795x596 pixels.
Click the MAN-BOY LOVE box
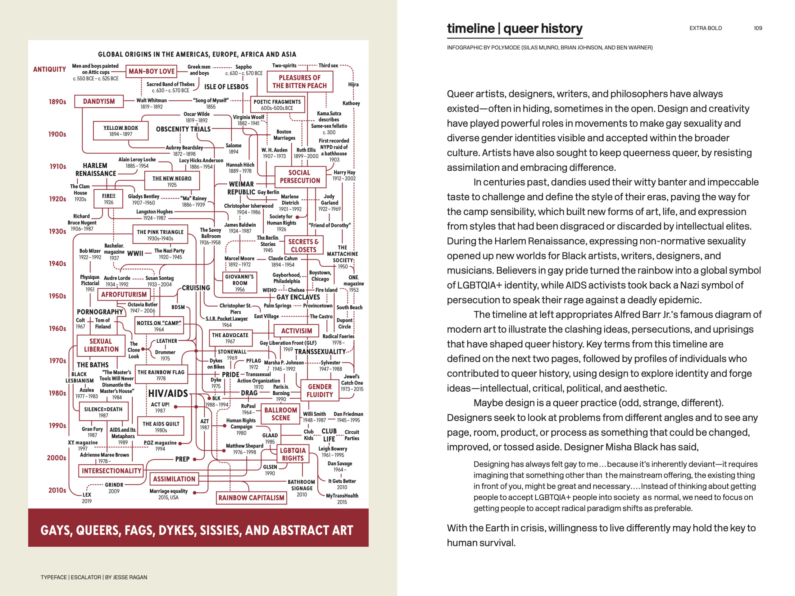152,71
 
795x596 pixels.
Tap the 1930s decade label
57,231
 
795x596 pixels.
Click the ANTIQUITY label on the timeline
50,69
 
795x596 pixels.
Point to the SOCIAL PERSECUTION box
300,177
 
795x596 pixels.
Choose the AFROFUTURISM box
124,295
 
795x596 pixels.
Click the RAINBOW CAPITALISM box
251,498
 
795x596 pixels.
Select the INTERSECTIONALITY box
111,471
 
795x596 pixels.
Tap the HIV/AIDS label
168,393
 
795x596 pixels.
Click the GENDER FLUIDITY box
320,391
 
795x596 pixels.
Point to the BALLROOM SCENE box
281,414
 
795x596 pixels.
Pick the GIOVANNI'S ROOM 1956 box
240,283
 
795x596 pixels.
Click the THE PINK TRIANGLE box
160,235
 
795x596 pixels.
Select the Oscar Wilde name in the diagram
197,114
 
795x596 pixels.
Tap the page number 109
758,28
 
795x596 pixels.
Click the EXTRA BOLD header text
706,28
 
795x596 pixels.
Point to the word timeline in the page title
471,28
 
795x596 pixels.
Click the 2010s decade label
57,490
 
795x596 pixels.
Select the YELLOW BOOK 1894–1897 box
121,131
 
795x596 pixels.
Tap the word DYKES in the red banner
177,530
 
